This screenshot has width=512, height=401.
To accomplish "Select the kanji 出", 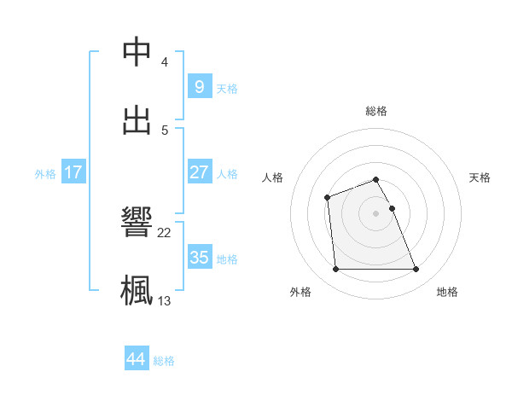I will click(x=137, y=119).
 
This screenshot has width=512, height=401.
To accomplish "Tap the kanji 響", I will click(x=137, y=222).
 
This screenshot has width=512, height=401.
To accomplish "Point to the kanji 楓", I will click(x=137, y=289).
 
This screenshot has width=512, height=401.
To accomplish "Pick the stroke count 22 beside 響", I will click(x=165, y=232).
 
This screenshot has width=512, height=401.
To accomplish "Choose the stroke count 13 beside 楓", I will click(x=165, y=300).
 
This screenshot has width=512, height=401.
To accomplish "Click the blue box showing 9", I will click(x=199, y=86).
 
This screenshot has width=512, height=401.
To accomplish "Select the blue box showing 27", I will click(x=199, y=171).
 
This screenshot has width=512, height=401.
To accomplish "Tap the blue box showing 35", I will click(x=199, y=257).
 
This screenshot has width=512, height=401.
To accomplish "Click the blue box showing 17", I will click(x=73, y=172).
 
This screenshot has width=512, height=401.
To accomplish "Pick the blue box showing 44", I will click(x=137, y=359).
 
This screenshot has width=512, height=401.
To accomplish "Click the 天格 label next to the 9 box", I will click(x=227, y=89).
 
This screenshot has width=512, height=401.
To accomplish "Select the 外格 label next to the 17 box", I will click(x=45, y=174).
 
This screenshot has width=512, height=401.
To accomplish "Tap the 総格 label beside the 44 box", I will click(x=164, y=361).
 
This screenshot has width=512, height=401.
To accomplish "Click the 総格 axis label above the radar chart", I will click(x=376, y=111).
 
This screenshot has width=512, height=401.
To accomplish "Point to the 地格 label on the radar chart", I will click(x=447, y=292).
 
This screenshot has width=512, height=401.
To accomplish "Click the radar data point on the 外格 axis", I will click(x=336, y=270).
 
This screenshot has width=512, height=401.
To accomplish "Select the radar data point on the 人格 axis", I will click(x=327, y=198).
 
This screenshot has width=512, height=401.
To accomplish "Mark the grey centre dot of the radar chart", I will click(x=376, y=212).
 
